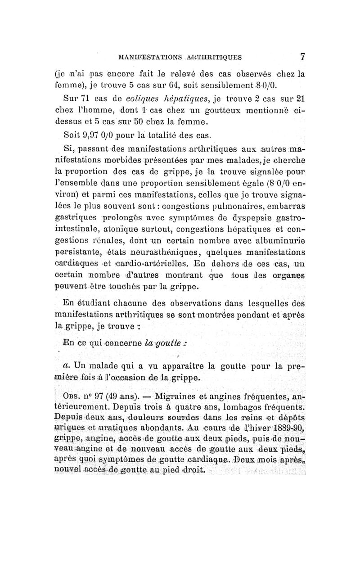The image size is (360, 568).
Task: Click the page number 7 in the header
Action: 303,57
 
